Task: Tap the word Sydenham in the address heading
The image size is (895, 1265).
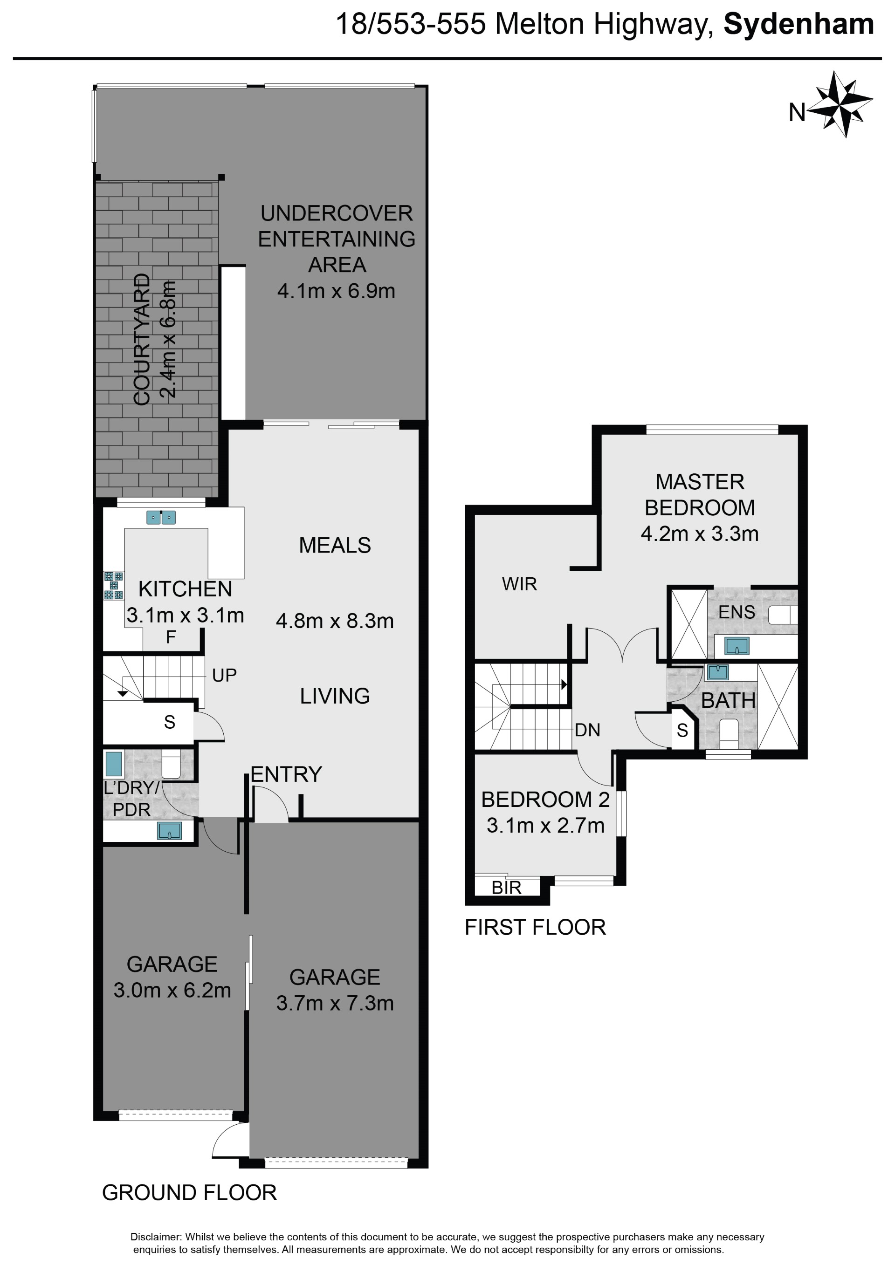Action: pos(799,25)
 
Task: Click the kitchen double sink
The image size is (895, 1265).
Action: pos(161,517)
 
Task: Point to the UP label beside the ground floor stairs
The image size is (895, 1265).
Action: pos(224,675)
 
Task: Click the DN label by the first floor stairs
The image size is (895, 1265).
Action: pos(587,730)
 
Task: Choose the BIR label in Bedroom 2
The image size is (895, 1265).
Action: pos(507,888)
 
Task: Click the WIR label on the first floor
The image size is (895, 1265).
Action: pos(519,584)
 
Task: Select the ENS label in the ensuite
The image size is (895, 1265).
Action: pos(737,612)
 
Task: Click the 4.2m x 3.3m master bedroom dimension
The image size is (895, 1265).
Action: pos(699,533)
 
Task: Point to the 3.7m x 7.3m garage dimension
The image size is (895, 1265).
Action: pos(335,1003)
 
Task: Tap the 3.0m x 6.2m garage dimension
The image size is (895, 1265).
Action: pos(172,990)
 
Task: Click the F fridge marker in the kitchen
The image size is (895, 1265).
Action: pos(171,637)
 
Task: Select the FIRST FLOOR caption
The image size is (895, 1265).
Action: pos(535,927)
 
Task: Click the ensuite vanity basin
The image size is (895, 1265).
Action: pos(737,646)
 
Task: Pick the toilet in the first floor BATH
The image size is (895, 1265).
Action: pos(729,734)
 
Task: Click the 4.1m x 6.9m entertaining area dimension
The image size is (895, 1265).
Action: pos(336,290)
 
